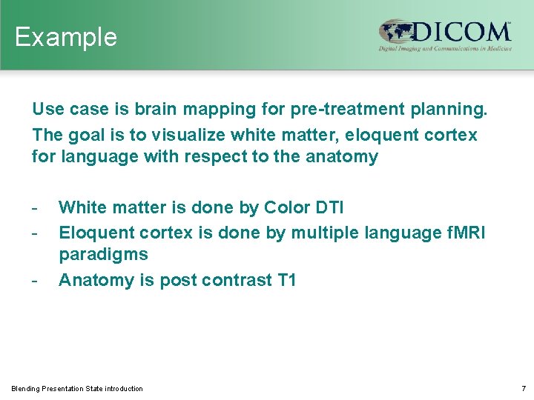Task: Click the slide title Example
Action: pos(65,37)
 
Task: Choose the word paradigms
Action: pos(103,255)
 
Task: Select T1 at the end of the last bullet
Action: pos(286,280)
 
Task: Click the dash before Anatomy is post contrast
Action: pos(34,280)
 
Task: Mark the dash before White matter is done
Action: pos(34,207)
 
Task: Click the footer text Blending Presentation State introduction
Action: pos(77,389)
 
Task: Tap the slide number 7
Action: pos(522,389)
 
